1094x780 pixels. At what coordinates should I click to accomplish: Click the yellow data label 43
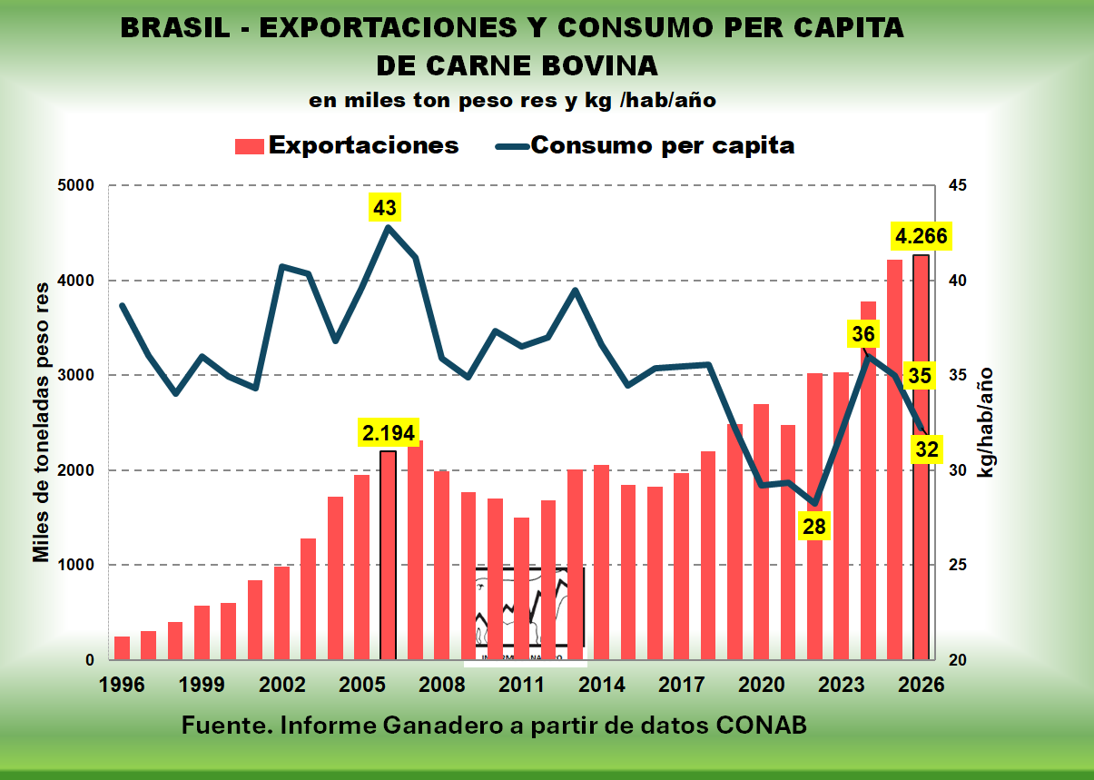pos(385,208)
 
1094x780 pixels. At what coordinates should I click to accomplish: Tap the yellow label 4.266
pos(921,238)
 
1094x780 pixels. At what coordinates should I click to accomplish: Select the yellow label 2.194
pos(388,433)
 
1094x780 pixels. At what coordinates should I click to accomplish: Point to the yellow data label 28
pos(814,525)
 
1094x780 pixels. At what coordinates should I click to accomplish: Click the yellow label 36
pos(862,334)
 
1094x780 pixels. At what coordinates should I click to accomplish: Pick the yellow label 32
pos(927,449)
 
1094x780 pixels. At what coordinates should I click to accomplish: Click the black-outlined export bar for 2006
pos(388,555)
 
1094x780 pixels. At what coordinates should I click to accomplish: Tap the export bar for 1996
pos(122,648)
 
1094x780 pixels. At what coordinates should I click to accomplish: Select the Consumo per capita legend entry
pos(645,145)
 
